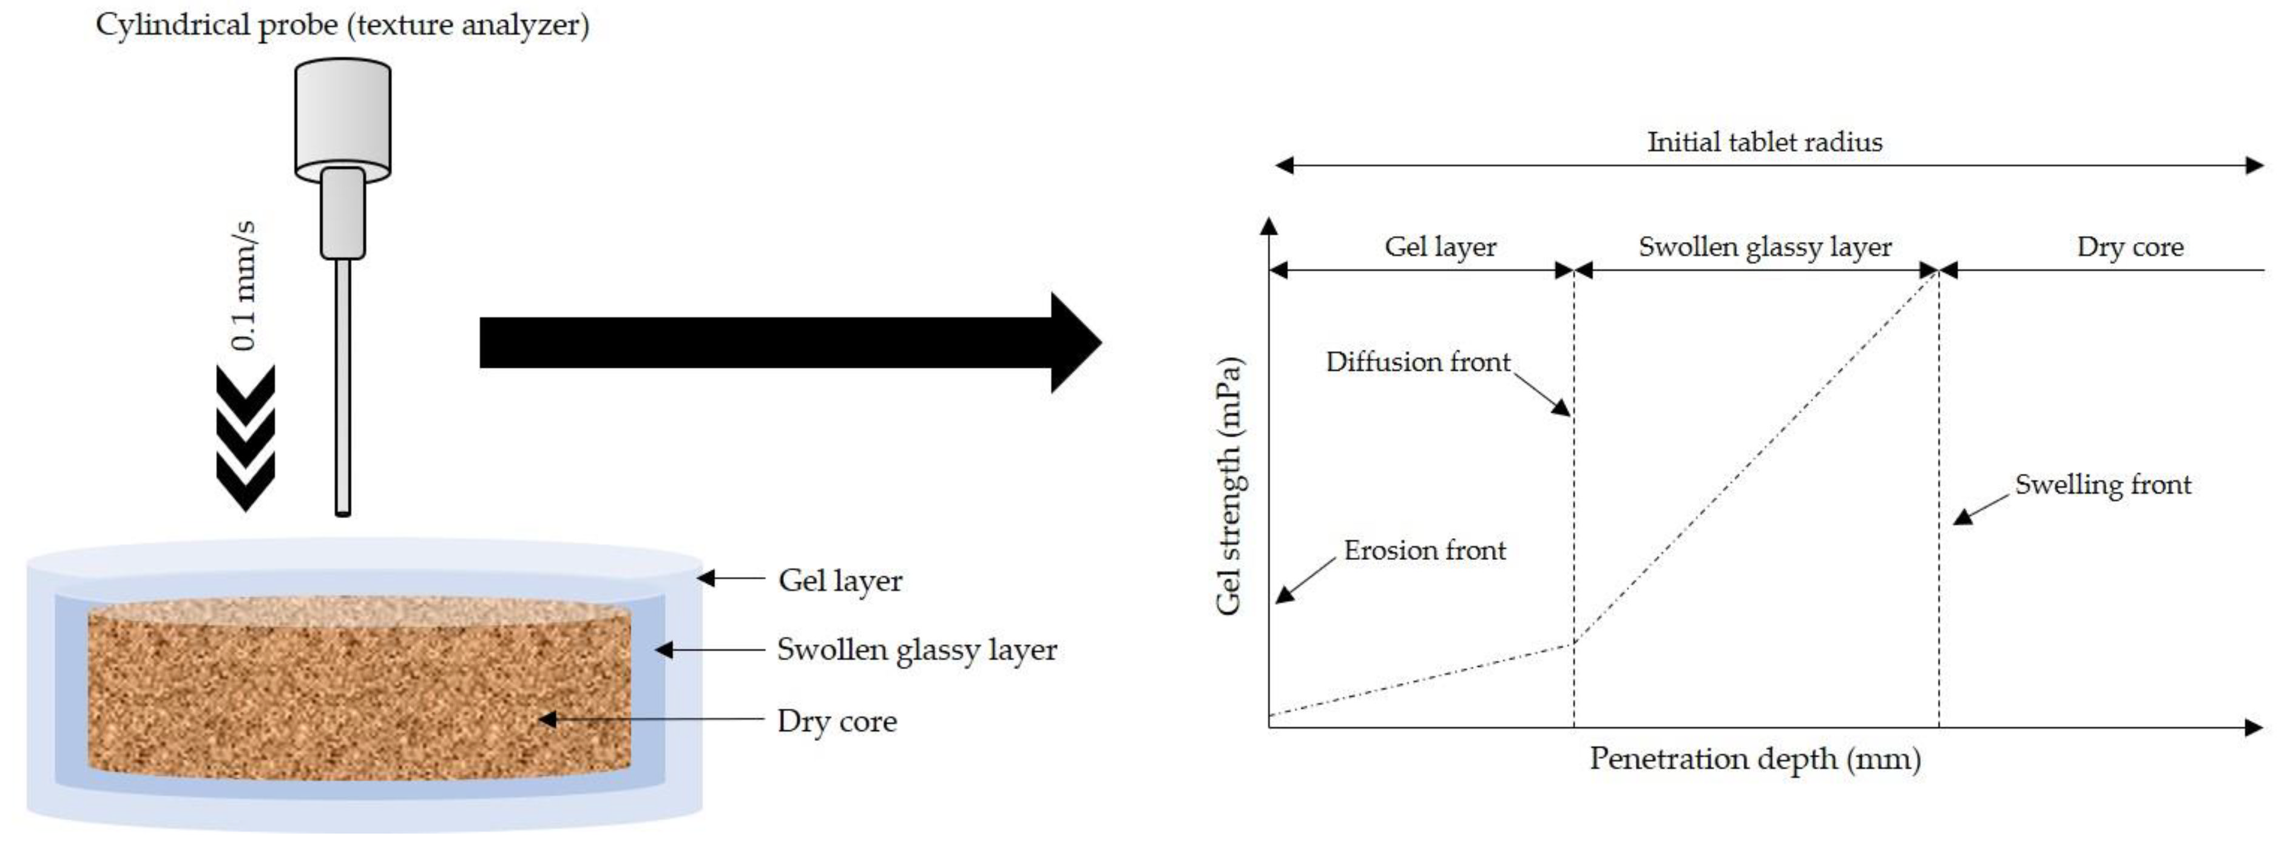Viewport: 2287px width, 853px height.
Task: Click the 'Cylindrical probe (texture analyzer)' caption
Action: click(x=342, y=25)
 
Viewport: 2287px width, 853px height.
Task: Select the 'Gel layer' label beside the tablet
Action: click(x=840, y=581)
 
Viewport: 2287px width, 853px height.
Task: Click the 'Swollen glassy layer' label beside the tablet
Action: click(x=916, y=650)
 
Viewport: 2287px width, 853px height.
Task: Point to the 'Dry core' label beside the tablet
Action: click(x=836, y=721)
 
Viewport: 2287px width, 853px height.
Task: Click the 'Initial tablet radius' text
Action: click(x=1764, y=142)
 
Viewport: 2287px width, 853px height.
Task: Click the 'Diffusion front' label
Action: click(x=1417, y=362)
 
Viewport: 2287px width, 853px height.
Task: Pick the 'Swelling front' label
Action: click(x=2103, y=485)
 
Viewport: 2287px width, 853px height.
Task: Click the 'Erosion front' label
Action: click(x=1424, y=550)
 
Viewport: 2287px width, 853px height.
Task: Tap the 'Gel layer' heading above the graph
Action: click(x=1440, y=247)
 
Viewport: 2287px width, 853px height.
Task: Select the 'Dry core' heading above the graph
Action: click(x=2129, y=247)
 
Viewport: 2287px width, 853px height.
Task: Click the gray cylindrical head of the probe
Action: click(x=343, y=115)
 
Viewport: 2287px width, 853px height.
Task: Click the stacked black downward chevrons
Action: click(x=246, y=437)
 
